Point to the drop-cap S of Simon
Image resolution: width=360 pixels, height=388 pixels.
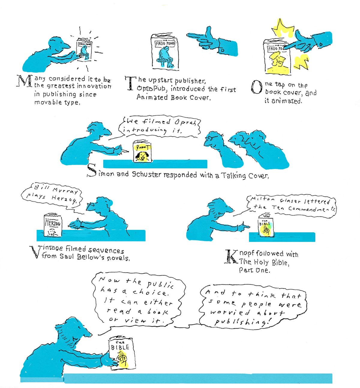click(92, 170)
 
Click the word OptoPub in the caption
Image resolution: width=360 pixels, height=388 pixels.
click(151, 89)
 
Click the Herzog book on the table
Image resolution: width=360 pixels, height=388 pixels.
click(53, 225)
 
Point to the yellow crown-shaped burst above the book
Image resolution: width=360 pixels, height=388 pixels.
click(282, 28)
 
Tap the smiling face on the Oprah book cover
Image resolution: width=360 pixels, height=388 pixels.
click(142, 156)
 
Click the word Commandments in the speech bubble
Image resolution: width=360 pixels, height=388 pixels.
click(312, 209)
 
